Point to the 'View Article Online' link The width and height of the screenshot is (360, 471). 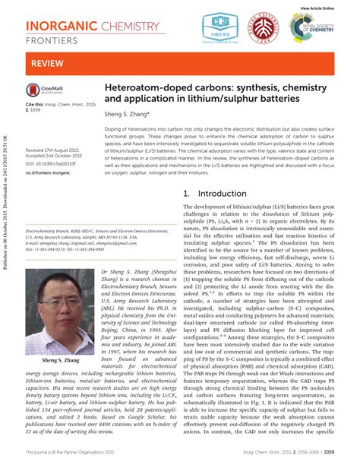coord(317,7)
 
